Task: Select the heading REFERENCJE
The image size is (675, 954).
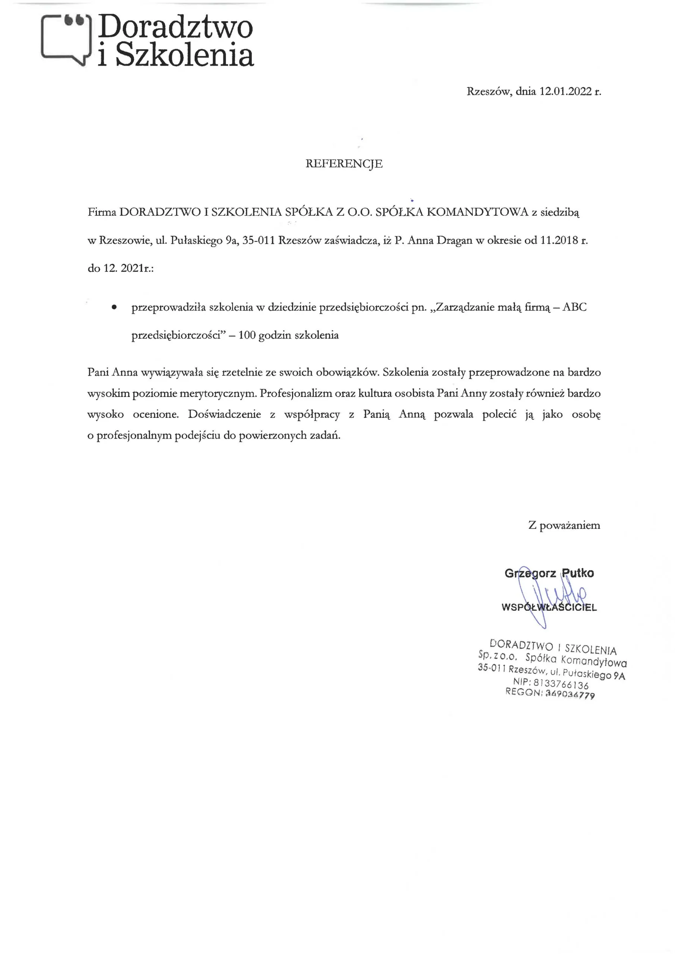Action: (x=344, y=164)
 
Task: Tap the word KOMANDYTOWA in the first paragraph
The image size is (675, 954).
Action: (x=477, y=212)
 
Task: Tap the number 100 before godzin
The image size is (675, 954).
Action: (x=247, y=335)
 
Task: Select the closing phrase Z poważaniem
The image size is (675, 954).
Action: (x=564, y=525)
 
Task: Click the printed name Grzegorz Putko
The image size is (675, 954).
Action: (x=549, y=574)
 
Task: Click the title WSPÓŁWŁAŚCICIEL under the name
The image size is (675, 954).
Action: (x=549, y=607)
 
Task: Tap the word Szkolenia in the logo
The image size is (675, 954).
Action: (x=184, y=55)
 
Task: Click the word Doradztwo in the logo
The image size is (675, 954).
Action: (x=176, y=27)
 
